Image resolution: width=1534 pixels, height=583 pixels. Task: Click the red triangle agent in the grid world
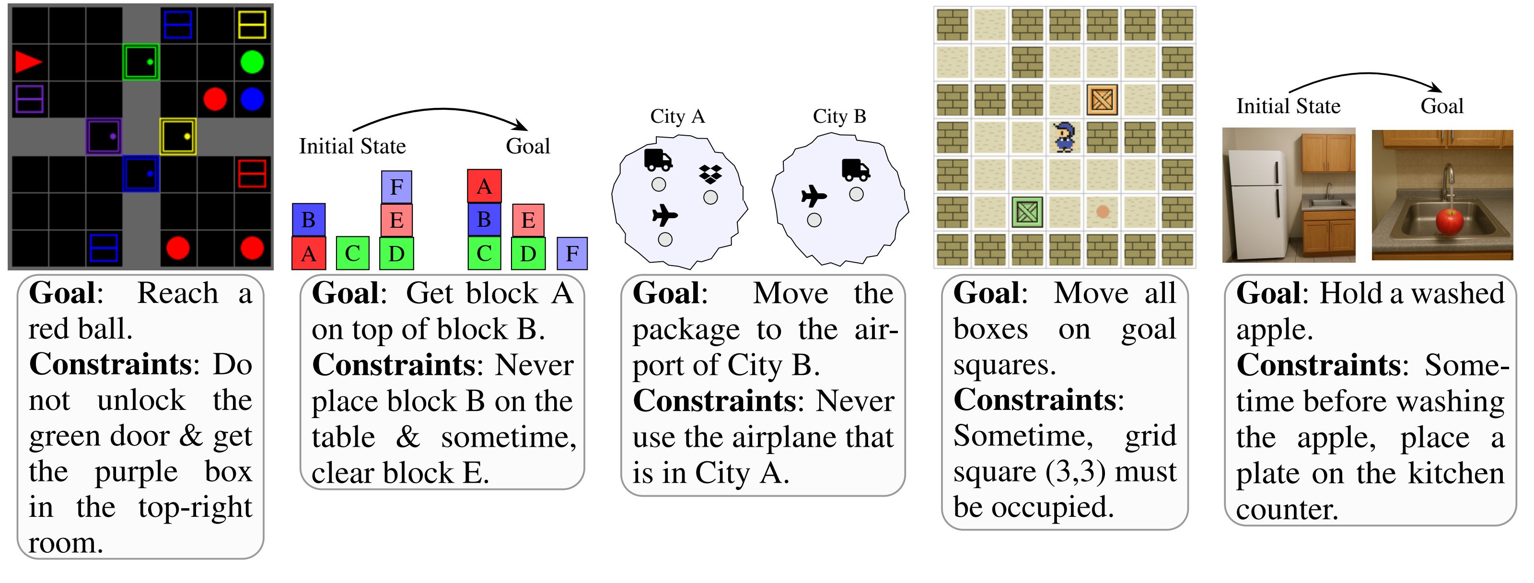click(27, 62)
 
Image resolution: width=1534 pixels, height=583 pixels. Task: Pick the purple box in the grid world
click(29, 99)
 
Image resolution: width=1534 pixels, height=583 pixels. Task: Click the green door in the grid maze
click(141, 62)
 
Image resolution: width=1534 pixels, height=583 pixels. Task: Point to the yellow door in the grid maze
click(177, 136)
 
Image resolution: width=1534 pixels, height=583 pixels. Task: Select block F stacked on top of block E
click(396, 187)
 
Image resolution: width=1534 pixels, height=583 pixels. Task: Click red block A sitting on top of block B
click(484, 187)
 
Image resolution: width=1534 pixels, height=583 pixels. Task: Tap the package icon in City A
click(710, 174)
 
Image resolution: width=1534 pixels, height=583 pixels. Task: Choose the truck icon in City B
click(856, 170)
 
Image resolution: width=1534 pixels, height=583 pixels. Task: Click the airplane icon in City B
click(814, 196)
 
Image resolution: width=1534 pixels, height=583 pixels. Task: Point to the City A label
click(677, 116)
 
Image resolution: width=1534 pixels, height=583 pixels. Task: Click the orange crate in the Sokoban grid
click(1102, 99)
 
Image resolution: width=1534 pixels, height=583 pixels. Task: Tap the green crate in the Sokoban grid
click(1027, 212)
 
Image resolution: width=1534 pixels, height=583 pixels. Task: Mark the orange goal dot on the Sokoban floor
click(1102, 211)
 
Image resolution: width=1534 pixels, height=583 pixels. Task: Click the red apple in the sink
click(1449, 222)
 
